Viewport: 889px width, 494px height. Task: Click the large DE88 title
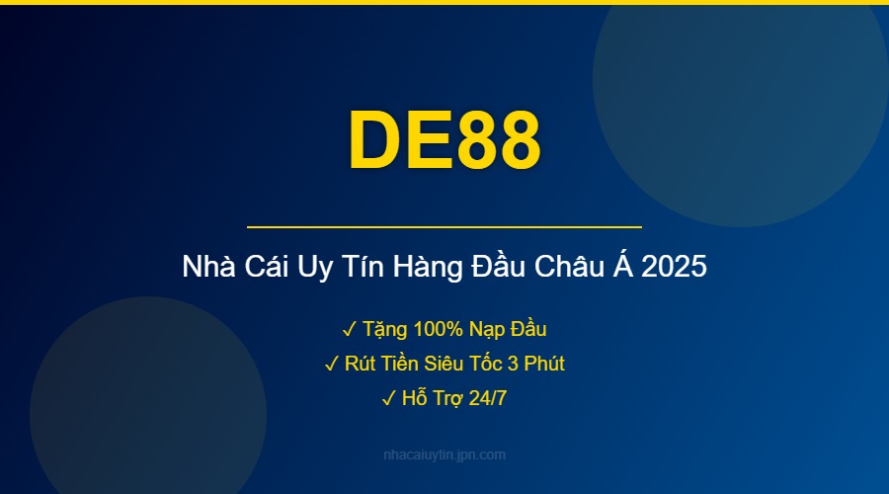[x=444, y=140]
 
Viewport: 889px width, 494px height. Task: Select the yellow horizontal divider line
[x=444, y=227]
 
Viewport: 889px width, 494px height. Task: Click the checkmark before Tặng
[x=350, y=329]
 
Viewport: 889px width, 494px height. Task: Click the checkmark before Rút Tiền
[x=331, y=365]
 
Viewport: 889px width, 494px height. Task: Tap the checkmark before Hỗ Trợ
[x=387, y=399]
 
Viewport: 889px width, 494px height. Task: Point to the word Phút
[x=543, y=365]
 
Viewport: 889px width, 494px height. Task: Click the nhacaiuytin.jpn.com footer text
[x=444, y=455]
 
